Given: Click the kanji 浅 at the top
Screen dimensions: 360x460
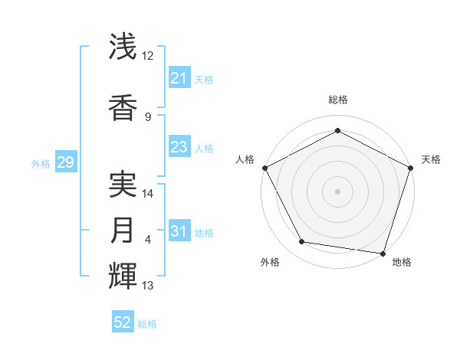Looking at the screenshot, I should tap(123, 47).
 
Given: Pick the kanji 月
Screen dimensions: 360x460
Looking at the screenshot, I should tap(123, 231).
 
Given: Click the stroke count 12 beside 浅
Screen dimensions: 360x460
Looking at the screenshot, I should tap(148, 56).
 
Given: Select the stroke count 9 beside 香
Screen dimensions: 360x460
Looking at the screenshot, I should tap(148, 116).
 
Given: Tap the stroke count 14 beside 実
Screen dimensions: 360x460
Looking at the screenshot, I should tap(148, 194).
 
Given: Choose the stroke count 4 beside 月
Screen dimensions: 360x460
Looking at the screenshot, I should tap(148, 240).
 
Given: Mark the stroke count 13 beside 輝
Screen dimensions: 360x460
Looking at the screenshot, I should tap(148, 286).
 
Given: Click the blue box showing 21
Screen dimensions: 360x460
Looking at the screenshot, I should tap(179, 78).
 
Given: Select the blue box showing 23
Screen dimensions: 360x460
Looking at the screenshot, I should tap(179, 147).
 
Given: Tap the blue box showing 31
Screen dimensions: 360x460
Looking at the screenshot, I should tap(179, 231).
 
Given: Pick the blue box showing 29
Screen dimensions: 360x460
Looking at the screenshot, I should tap(65, 162).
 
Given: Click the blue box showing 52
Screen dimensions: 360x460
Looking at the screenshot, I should tap(123, 322).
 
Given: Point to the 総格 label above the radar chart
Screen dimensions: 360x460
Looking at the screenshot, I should tap(337, 100).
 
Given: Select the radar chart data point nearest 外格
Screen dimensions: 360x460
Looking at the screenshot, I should tap(302, 242).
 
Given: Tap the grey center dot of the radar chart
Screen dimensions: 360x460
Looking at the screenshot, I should tap(337, 191).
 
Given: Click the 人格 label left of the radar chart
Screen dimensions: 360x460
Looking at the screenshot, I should tap(245, 159).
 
